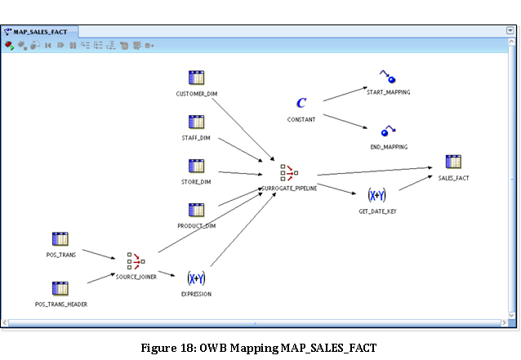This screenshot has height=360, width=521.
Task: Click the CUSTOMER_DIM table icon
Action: tap(196, 78)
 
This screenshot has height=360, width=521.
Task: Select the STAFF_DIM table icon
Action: tap(196, 122)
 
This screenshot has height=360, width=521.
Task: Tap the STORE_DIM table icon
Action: tap(196, 166)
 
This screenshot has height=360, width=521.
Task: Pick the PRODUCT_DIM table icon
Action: tap(196, 210)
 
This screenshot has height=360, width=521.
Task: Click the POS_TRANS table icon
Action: tap(60, 238)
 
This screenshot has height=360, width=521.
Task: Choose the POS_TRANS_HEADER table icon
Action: tap(60, 287)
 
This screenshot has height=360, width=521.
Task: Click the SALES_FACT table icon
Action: tap(453, 162)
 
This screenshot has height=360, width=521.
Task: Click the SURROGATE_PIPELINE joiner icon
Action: tap(288, 172)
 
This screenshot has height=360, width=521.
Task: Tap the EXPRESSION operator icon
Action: tap(196, 278)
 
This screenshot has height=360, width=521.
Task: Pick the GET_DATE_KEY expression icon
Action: tap(376, 195)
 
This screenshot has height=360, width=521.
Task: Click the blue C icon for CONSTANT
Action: tap(301, 103)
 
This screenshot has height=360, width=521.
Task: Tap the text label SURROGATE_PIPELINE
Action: tap(288, 188)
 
